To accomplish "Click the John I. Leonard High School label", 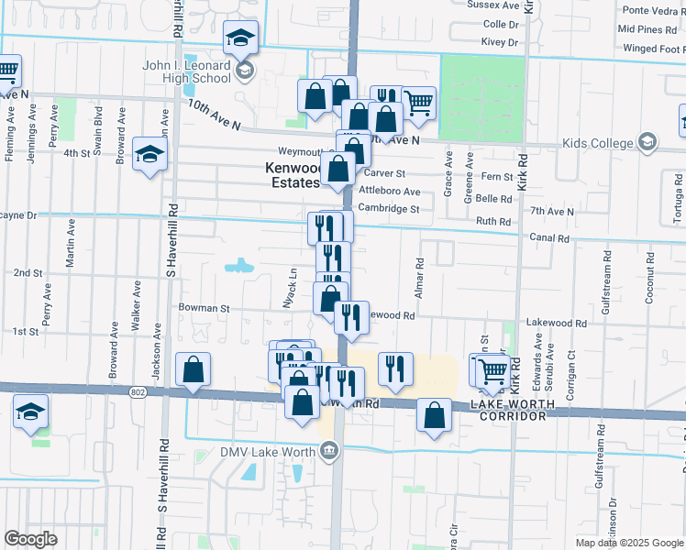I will click(x=188, y=72).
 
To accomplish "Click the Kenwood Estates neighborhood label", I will click(x=293, y=175).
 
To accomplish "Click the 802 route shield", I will click(x=138, y=392).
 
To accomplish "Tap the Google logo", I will click(x=30, y=539).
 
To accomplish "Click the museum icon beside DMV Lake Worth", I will click(x=329, y=450).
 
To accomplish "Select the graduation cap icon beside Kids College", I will click(x=647, y=142).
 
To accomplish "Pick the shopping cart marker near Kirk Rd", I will click(x=493, y=368).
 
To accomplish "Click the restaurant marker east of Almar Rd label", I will click(x=395, y=368).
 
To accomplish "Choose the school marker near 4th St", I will click(x=149, y=154).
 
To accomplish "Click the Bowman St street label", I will click(x=204, y=309).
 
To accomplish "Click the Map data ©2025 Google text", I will click(x=628, y=543).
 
